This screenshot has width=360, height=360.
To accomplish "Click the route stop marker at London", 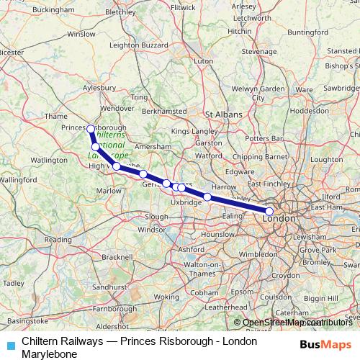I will tap(269, 212).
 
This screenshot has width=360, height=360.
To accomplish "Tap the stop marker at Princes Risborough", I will tap(90, 129).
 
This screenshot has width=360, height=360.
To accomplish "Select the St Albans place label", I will tap(221, 114).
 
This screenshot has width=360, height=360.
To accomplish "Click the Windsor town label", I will tap(151, 230).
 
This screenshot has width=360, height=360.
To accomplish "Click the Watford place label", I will tap(209, 155).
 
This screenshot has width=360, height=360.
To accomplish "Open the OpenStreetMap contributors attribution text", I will tap(297, 323).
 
